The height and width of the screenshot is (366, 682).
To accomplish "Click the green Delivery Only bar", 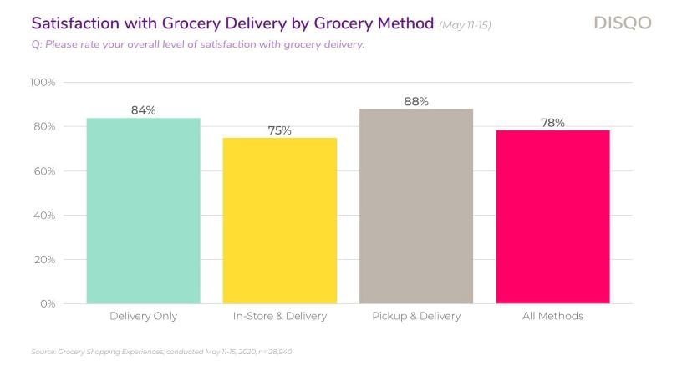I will tap(143, 211).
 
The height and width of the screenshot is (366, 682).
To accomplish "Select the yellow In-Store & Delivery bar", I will tap(279, 221).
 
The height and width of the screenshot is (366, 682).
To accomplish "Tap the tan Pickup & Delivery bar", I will tap(415, 206).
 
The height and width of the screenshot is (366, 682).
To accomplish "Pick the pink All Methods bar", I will tap(552, 216).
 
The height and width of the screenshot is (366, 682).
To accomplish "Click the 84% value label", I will tap(143, 110).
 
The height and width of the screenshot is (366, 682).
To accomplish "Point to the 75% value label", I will tap(279, 130).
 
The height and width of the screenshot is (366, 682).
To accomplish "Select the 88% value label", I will tap(415, 101).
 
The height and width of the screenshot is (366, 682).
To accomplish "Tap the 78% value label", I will tap(552, 123).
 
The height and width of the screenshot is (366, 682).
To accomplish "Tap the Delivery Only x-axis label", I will tap(143, 317).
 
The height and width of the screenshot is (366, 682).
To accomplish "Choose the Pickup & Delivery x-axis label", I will tap(415, 317).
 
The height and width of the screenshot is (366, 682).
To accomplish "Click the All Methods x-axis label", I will tap(552, 317).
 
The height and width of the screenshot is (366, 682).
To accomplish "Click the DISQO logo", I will tap(623, 23).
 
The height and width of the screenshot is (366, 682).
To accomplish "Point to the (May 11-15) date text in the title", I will tap(465, 25).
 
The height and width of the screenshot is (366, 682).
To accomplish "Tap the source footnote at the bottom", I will tap(160, 352).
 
